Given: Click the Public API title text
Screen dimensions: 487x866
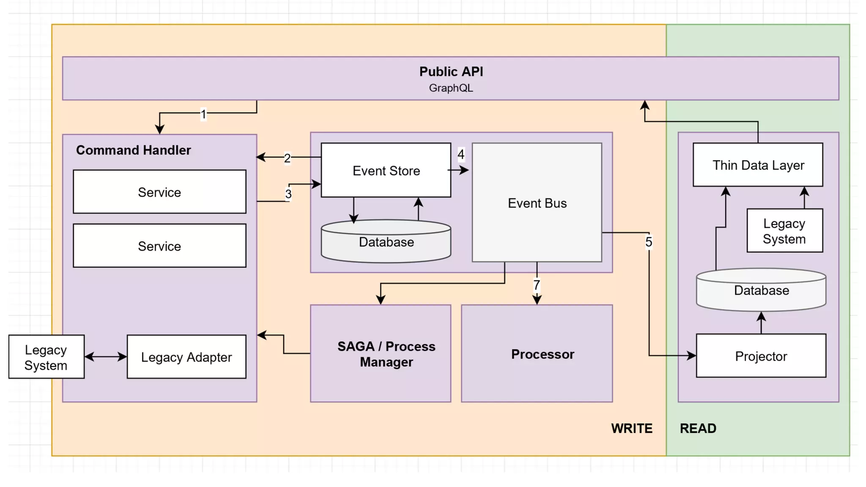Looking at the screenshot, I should pos(451,71).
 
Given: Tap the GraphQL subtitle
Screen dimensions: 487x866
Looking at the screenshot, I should pos(451,88).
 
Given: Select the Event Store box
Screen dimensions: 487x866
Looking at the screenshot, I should pos(386,170).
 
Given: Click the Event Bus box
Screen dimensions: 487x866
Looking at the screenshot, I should pos(537,203).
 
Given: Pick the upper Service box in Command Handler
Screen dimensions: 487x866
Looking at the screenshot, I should pos(159,192).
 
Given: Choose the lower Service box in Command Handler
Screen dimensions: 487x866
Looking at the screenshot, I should pos(159,246).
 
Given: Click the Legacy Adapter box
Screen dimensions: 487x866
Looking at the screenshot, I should pos(186,357).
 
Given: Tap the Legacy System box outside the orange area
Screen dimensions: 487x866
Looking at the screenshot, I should pos(46,357).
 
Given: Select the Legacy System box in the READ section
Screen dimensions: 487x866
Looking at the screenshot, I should pos(784,231).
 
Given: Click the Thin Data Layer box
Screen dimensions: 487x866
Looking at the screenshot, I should pos(758,165).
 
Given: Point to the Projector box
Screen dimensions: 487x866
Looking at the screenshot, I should pos(761,356).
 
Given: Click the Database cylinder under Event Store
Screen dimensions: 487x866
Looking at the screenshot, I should pos(386,242).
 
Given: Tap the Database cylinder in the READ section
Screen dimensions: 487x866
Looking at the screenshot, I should pos(761,290).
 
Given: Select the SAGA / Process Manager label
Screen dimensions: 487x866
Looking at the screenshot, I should pos(386,354).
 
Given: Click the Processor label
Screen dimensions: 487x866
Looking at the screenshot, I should pos(543,354).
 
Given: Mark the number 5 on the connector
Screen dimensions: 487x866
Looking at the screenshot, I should pos(649,242).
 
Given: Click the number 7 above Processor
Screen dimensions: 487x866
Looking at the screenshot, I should pos(537,285).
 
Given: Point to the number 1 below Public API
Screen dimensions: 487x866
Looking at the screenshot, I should pos(203,114).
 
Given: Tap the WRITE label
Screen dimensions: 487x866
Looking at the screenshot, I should pos(631,428).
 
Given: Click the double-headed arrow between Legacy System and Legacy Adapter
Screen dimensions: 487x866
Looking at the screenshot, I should pos(106,357).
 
